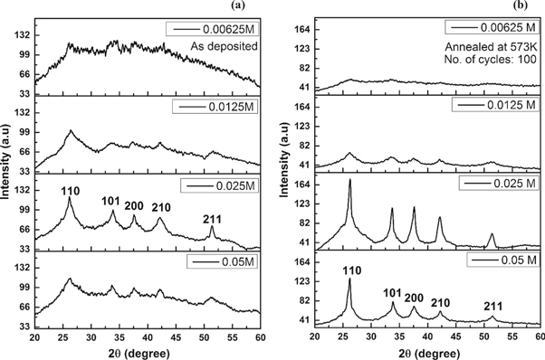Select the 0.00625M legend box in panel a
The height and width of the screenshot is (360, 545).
pos(214,28)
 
